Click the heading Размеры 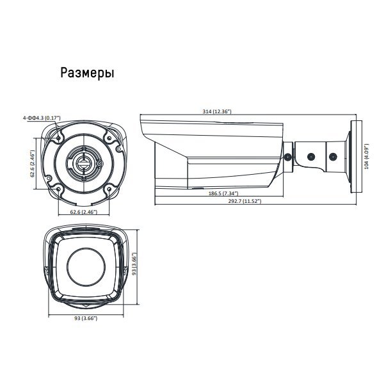(87, 73)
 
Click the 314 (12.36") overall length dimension (216, 111)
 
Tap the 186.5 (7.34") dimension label (223, 193)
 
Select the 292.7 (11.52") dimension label (245, 201)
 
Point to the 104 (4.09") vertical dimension (366, 157)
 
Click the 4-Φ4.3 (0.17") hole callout (42, 118)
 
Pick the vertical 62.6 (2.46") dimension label (33, 163)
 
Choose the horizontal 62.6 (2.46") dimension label (83, 212)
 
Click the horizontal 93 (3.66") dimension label (86, 318)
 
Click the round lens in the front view (86, 267)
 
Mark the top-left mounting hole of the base (58, 138)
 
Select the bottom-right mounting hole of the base (109, 189)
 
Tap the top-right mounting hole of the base (109, 138)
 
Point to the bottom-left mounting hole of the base (58, 189)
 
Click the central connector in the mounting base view (84, 163)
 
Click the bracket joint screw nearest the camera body (287, 157)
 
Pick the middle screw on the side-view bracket (311, 157)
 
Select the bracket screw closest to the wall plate (333, 157)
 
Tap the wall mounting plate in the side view (357, 157)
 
